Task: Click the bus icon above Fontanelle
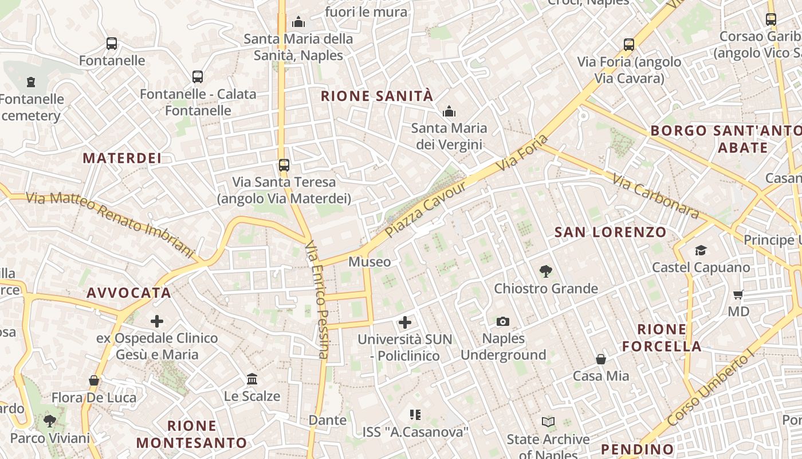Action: point(112,44)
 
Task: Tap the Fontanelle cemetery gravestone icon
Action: point(31,82)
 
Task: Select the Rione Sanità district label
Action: point(377,96)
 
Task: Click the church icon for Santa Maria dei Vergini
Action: point(449,111)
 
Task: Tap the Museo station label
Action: point(369,262)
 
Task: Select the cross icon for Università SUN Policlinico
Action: point(405,322)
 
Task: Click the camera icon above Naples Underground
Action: point(503,321)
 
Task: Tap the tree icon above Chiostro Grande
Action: point(546,271)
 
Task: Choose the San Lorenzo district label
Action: point(611,232)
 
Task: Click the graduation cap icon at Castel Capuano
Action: point(701,250)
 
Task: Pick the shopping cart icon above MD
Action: point(738,295)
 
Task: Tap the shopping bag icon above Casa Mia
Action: point(601,359)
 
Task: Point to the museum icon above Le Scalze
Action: point(252,379)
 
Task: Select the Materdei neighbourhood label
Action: point(122,158)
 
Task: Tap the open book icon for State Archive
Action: point(548,422)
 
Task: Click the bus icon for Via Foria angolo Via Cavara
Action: point(629,45)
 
